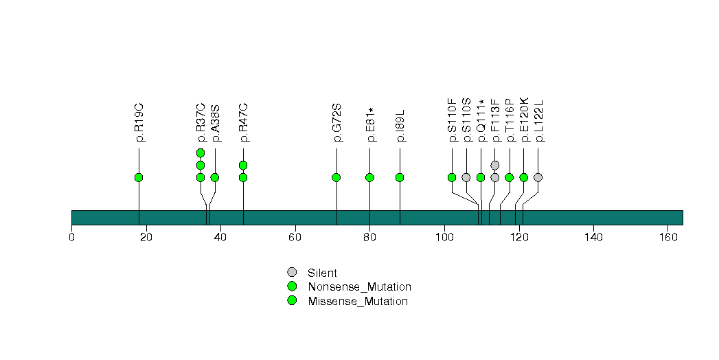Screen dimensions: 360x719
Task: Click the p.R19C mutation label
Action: click(139, 122)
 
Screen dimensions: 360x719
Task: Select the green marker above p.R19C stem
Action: click(139, 177)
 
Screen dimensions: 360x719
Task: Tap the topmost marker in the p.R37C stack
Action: click(201, 153)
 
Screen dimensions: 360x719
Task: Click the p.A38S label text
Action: click(216, 122)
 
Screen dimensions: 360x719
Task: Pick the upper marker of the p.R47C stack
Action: click(243, 165)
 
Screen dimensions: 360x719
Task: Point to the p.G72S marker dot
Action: click(336, 177)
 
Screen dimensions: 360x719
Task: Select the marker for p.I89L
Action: click(400, 177)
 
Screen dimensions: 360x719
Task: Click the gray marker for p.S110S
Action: click(466, 177)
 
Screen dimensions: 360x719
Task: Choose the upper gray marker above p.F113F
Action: click(495, 165)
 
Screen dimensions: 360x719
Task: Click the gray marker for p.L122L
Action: click(538, 177)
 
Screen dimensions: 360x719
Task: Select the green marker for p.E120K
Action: click(524, 177)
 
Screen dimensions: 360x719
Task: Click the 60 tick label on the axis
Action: click(295, 238)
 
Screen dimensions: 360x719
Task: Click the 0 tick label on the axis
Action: click(71, 238)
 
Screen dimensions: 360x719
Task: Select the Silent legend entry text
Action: click(322, 273)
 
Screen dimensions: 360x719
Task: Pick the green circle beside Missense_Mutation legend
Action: click(292, 300)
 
